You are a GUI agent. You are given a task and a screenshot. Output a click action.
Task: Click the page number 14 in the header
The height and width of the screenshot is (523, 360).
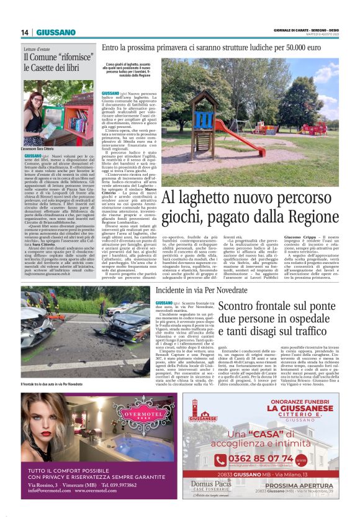click(x=25, y=32)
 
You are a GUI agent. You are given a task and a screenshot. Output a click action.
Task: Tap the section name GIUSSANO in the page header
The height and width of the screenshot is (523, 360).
click(x=56, y=32)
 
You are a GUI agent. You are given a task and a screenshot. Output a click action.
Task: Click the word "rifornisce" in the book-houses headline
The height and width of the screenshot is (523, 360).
click(x=69, y=58)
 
